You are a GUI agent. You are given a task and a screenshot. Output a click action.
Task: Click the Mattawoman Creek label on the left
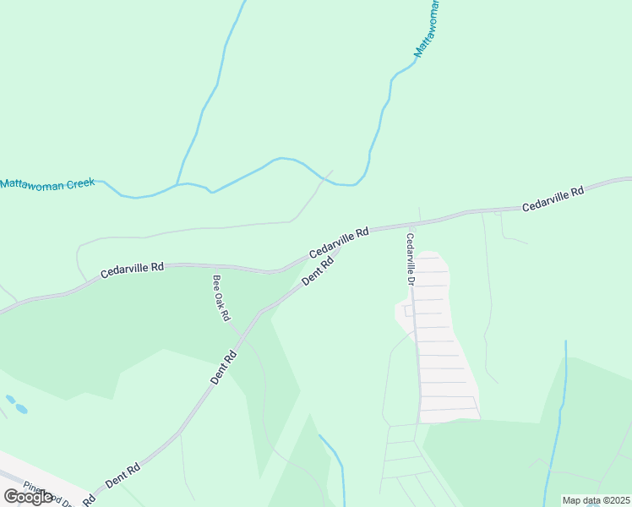point(47,182)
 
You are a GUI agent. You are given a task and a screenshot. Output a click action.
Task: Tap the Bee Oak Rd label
point(221,298)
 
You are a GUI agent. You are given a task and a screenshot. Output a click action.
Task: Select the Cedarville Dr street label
point(411,259)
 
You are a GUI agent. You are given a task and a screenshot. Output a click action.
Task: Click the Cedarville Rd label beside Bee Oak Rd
point(132,269)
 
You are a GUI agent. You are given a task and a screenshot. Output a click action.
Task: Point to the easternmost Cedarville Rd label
point(553,199)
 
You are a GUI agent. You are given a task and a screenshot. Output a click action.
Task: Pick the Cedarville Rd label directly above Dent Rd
point(339,242)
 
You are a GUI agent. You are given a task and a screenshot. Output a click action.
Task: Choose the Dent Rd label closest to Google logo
point(123,474)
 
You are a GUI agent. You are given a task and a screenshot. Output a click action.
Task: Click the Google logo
point(29,497)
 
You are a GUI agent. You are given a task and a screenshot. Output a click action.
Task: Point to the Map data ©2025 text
point(596,500)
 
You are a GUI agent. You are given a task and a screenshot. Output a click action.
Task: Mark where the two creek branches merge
point(177,183)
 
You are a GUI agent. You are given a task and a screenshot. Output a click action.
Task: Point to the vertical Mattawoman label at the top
point(428,30)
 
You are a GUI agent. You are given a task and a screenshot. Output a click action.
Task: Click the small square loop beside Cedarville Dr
point(409,311)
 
